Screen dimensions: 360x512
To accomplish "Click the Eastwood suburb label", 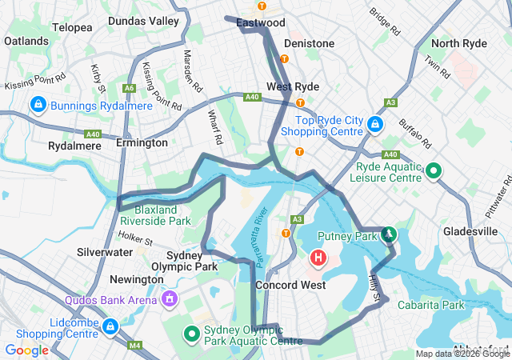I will click(x=261, y=23).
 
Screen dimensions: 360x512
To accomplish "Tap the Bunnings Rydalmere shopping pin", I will click(x=38, y=105).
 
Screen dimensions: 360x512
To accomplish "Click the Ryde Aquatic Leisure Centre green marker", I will click(x=433, y=170).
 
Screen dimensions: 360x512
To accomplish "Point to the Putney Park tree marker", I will click(x=389, y=234).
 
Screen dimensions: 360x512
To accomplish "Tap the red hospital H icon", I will click(x=318, y=258).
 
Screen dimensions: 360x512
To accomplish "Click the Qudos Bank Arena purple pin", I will click(x=169, y=298).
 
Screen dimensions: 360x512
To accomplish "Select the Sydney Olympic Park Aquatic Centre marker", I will click(x=192, y=334).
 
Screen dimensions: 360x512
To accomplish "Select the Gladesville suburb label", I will click(x=471, y=231).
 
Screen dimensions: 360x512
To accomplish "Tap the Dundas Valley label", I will click(x=144, y=20).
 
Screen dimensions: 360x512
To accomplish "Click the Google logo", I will click(x=27, y=350).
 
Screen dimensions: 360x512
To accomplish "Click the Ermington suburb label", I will click(x=142, y=142).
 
